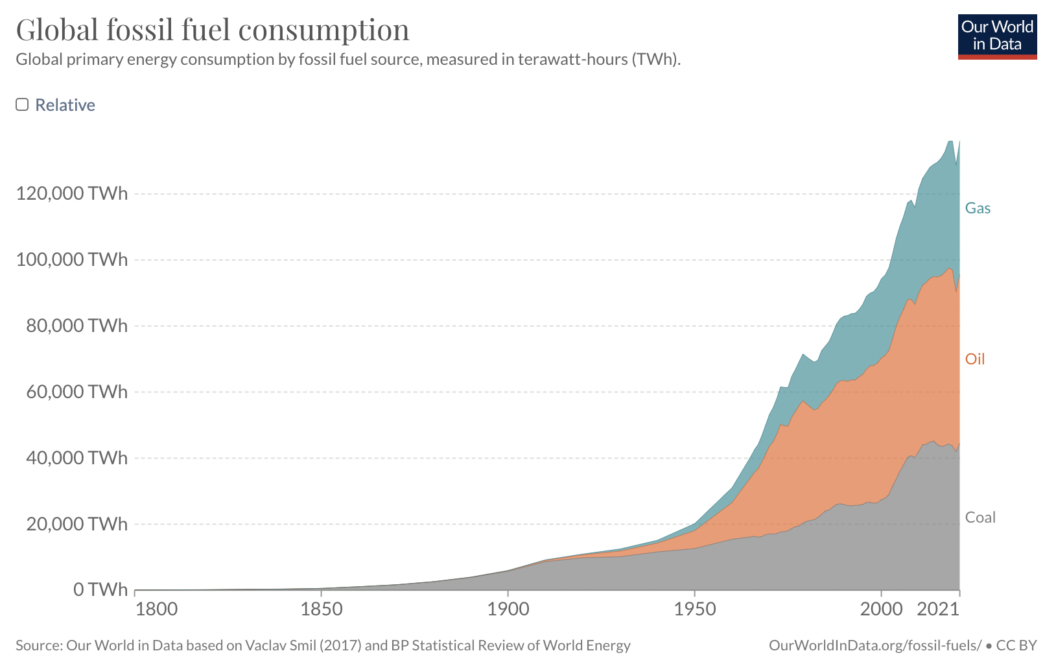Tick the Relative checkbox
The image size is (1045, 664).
click(x=23, y=105)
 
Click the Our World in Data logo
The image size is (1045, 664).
click(x=997, y=36)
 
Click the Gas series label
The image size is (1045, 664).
click(x=978, y=208)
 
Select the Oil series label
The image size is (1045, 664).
click(x=974, y=359)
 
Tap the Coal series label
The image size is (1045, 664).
click(x=980, y=517)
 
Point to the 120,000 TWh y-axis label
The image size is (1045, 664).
click(x=72, y=193)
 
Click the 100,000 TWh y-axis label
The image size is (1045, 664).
click(x=72, y=259)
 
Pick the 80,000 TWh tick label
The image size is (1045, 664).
click(x=76, y=326)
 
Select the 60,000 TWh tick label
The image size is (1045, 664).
click(x=76, y=392)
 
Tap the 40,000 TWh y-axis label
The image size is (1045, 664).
click(x=76, y=458)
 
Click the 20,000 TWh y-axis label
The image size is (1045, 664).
click(x=76, y=524)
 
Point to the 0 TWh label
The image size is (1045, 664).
click(x=100, y=589)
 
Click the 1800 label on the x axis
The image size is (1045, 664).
click(x=156, y=610)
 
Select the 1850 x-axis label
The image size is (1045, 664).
click(x=322, y=610)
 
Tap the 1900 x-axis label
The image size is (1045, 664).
click(x=508, y=610)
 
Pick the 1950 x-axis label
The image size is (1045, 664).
click(x=695, y=610)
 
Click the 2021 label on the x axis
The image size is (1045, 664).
click(x=937, y=610)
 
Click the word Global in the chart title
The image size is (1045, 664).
click(x=57, y=30)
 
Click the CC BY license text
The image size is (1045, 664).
click(x=1016, y=646)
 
